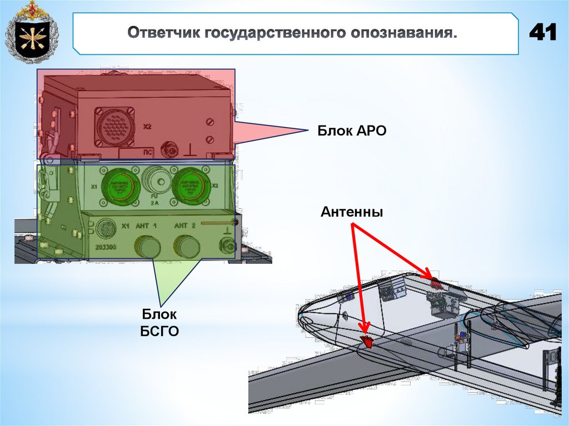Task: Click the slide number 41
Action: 542,33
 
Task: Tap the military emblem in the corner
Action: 31,33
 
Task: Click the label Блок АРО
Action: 351,131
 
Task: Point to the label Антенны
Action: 351,212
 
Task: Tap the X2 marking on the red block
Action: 147,127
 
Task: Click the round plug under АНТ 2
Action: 187,245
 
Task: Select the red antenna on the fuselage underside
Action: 367,340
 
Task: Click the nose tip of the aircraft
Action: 301,318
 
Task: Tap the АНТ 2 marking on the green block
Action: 184,225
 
